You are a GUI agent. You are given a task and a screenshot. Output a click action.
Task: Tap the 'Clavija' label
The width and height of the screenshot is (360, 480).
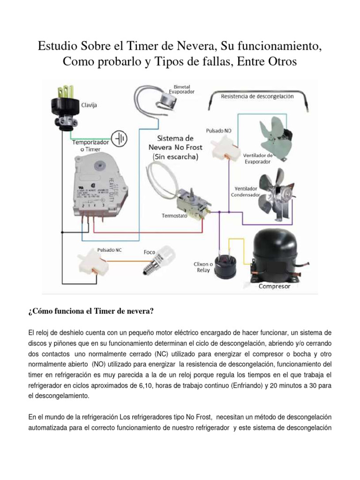[90, 105]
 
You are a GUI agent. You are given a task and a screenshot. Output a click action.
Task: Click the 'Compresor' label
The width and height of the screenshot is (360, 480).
[275, 286]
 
